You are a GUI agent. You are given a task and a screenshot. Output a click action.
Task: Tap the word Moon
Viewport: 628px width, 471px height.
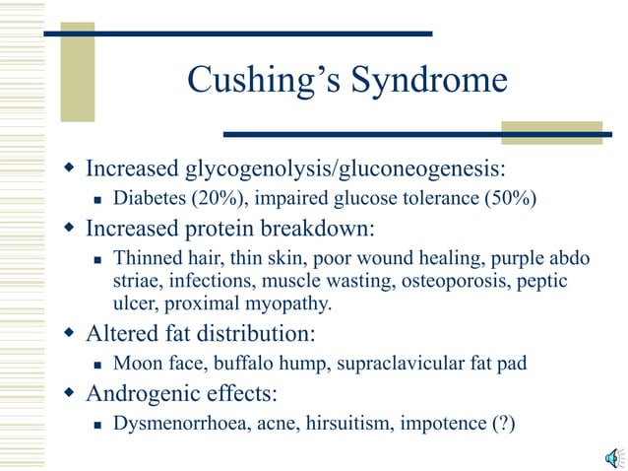[136, 364]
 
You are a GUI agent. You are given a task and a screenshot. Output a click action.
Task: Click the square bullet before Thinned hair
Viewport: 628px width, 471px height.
[97, 260]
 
